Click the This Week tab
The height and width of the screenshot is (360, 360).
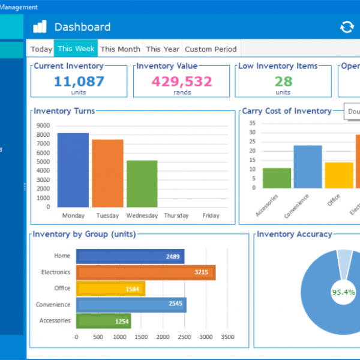click(76, 49)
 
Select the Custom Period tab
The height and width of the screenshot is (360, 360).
click(211, 49)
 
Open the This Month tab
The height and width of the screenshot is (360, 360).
click(120, 49)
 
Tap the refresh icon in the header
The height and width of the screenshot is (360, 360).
click(347, 27)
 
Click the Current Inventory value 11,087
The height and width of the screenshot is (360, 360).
click(79, 81)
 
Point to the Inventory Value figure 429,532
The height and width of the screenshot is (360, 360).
click(182, 81)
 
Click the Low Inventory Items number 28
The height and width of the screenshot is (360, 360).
click(283, 81)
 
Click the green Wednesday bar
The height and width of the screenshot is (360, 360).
click(142, 183)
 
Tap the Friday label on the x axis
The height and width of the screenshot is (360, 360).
click(211, 215)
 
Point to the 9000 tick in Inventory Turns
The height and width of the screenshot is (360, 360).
click(43, 125)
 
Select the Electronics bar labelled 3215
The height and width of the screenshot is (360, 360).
click(146, 272)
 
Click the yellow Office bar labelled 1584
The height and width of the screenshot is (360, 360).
click(110, 289)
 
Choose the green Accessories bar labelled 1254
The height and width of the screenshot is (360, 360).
click(103, 321)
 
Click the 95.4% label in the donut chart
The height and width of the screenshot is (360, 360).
click(343, 292)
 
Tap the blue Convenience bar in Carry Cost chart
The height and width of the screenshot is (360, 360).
click(307, 166)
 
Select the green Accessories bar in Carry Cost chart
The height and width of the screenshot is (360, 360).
click(277, 178)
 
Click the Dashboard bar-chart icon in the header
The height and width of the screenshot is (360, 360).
click(40, 27)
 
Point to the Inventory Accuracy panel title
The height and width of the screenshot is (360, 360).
click(294, 234)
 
